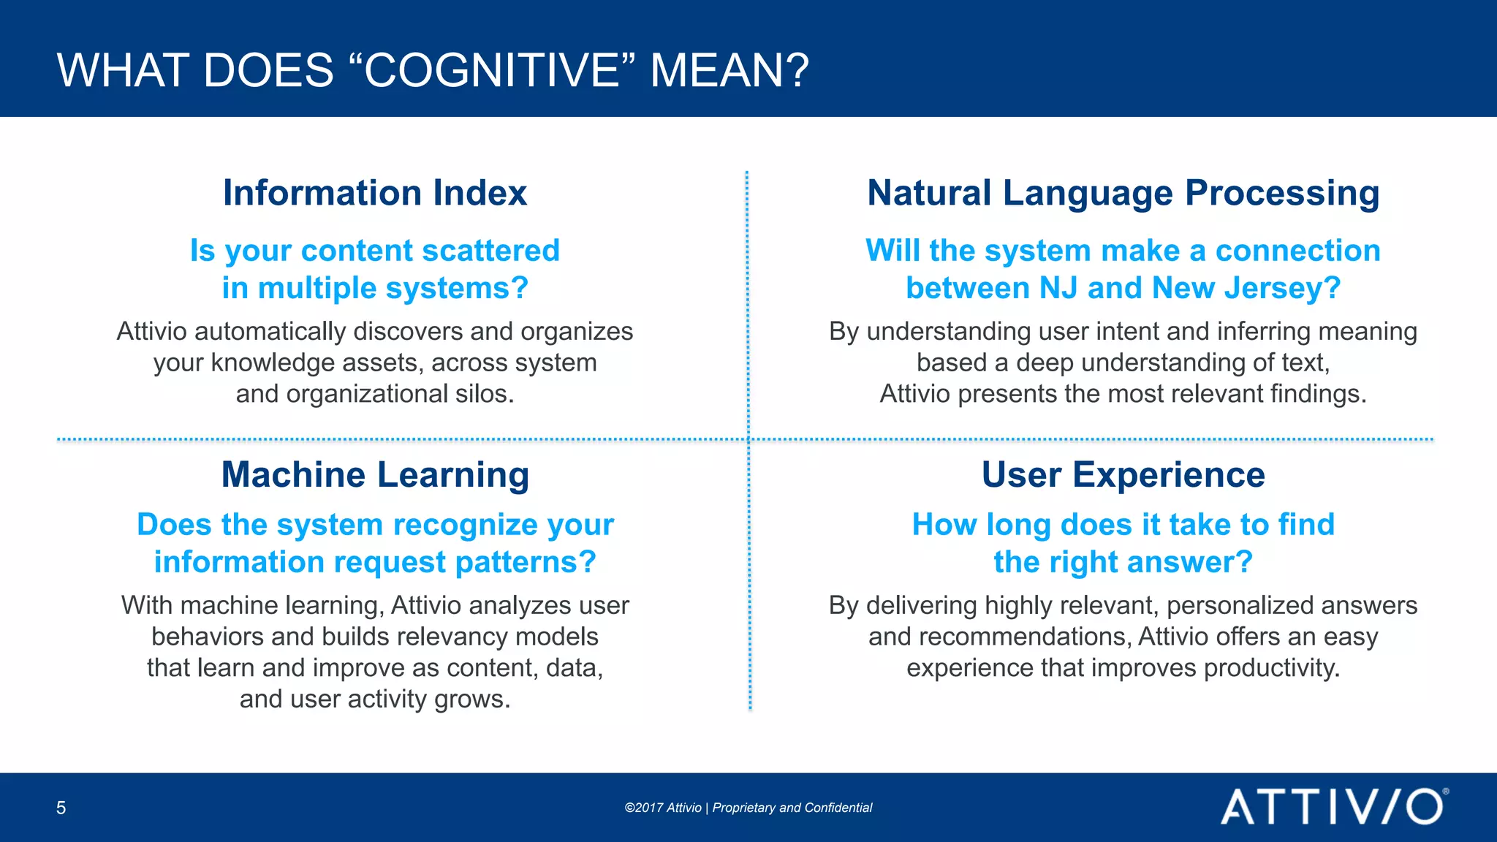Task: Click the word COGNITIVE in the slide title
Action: coord(492,71)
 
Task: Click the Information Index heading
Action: coord(374,193)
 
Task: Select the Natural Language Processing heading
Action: coord(1123,194)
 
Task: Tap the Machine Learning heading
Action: coord(375,475)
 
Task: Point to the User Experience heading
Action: coord(1123,475)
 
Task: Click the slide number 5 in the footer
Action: coord(61,808)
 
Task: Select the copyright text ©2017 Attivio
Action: coord(662,808)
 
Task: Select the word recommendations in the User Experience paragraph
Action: coord(1023,637)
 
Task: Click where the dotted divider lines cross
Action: coord(748,440)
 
